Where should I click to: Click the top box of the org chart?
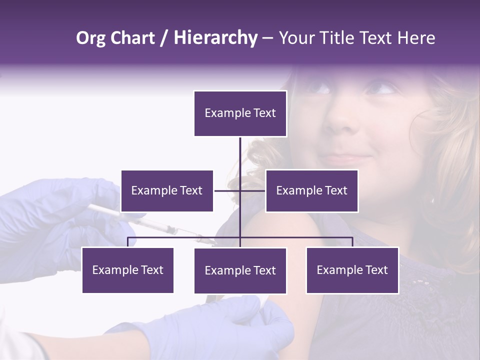(240, 113)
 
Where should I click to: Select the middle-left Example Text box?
(167, 190)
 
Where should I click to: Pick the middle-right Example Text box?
(311, 190)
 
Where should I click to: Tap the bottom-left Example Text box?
(127, 270)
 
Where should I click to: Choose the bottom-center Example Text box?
(240, 270)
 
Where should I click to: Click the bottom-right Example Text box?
(352, 270)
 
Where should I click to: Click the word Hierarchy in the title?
(215, 38)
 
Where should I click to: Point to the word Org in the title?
(91, 38)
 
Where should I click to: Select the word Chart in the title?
(132, 38)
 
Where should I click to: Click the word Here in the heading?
(416, 38)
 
